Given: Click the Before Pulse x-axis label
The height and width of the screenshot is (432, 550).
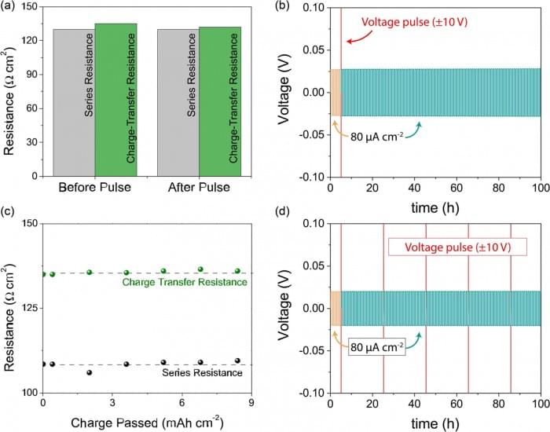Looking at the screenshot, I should tap(95, 190).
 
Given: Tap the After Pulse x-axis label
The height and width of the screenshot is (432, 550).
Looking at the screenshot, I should tap(199, 190).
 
